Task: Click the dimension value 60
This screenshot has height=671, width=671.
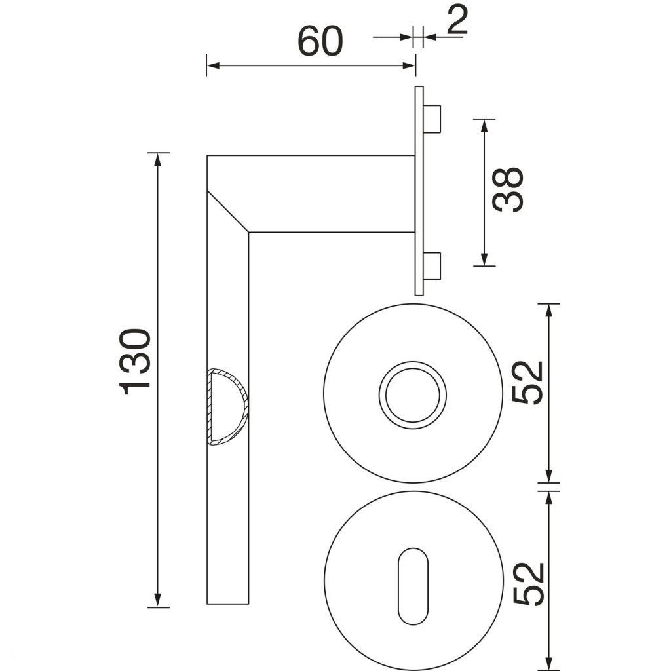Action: (320, 41)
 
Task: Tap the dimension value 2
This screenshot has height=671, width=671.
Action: (457, 20)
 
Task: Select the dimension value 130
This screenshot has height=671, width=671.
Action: (135, 362)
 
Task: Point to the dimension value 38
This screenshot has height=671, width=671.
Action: (508, 189)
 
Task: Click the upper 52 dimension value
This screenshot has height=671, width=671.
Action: (527, 383)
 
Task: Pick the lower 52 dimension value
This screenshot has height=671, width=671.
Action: (527, 584)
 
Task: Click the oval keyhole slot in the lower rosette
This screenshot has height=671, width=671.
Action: (413, 586)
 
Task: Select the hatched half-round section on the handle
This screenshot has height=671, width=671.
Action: (227, 407)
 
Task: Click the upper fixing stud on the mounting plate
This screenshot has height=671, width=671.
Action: (432, 119)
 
